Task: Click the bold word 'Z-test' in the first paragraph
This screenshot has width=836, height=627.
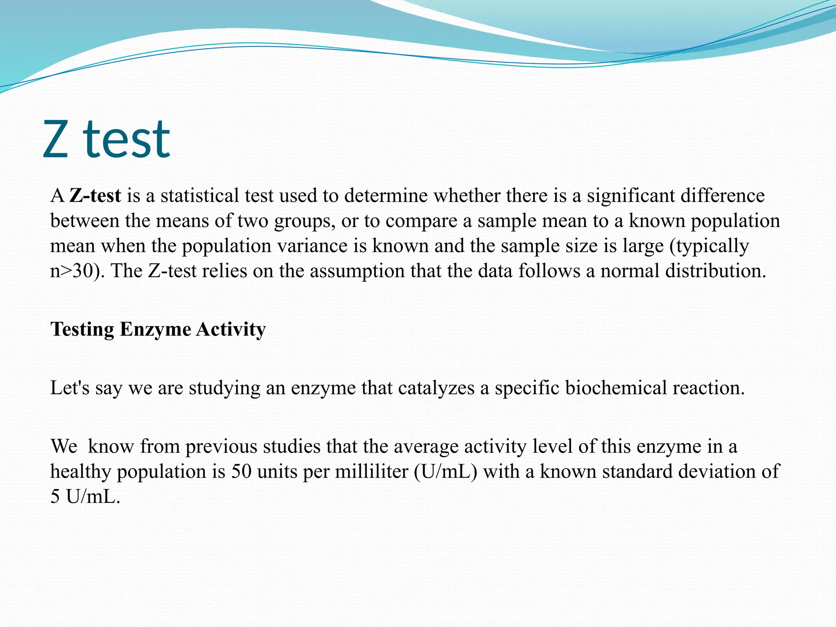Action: [x=95, y=196]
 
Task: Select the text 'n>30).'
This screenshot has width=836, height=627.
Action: [x=77, y=271]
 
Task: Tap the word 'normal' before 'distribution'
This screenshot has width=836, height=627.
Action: [x=630, y=271]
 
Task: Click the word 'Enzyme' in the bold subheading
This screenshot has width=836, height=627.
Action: [x=155, y=329]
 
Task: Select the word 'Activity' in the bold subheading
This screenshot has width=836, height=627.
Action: [x=231, y=329]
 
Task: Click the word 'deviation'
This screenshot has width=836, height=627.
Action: [x=716, y=471]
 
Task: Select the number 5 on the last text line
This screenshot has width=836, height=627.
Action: [x=55, y=497]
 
